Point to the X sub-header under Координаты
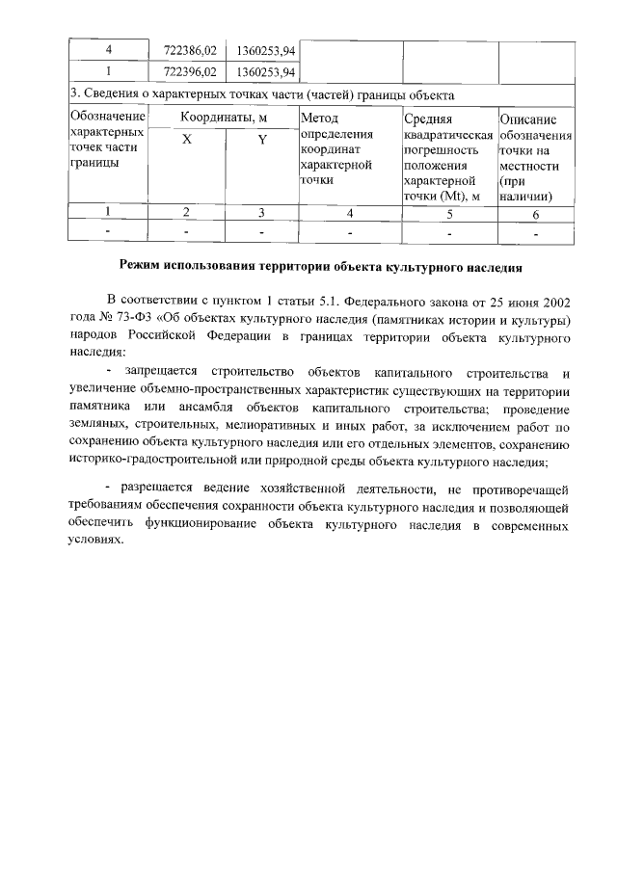click(186, 139)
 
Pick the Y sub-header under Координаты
click(261, 139)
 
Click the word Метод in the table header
click(319, 117)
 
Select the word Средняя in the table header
click(428, 118)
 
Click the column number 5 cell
click(448, 212)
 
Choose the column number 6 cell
click(536, 212)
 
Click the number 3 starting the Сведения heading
click(73, 94)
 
